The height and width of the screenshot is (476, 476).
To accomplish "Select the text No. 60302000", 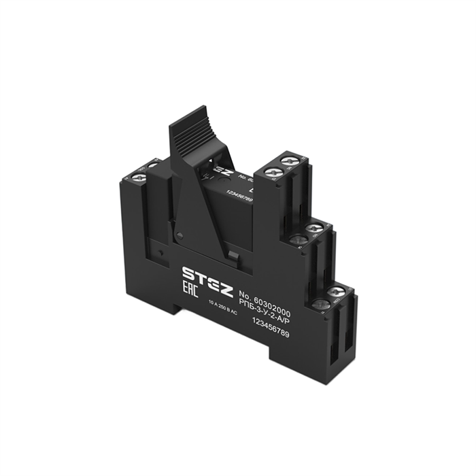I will (263, 298).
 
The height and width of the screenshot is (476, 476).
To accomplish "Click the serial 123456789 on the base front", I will (267, 326).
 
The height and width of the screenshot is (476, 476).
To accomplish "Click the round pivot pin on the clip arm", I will (180, 235).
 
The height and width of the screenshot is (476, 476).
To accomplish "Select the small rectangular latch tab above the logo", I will (232, 255).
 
